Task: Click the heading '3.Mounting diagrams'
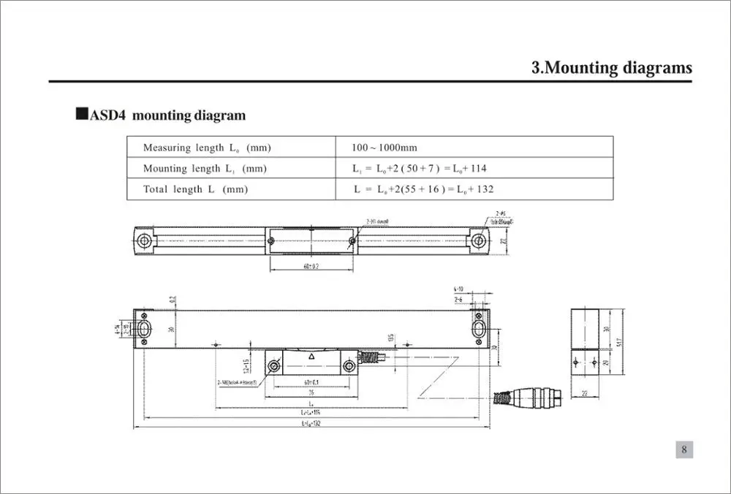click(611, 68)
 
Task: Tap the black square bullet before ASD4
click(81, 115)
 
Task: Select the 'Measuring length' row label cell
click(207, 148)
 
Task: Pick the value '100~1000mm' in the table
click(385, 148)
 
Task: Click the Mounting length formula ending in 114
click(420, 169)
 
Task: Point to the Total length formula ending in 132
click(423, 189)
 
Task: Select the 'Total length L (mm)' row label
click(195, 189)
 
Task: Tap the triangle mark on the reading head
click(311, 357)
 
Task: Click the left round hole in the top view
click(145, 240)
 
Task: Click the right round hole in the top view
click(479, 240)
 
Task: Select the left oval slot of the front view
click(145, 327)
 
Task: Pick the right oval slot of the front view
click(480, 327)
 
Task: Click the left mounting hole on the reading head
click(275, 365)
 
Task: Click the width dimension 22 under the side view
click(585, 394)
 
